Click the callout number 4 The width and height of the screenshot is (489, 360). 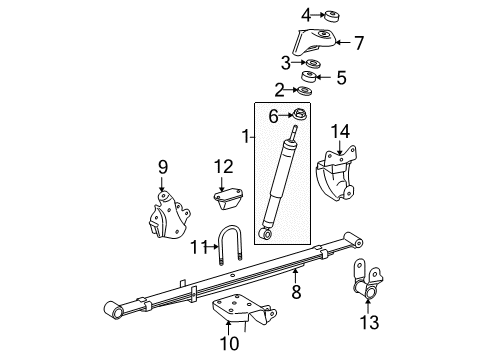[x=306, y=14]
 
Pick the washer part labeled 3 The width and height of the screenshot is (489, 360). [x=314, y=65]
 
